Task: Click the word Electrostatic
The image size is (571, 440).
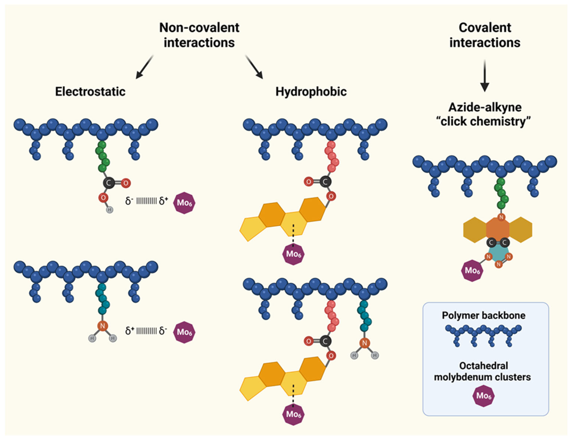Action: pos(90,92)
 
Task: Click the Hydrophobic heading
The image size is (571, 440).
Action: pos(311,92)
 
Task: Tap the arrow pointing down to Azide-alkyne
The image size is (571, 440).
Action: pos(484,76)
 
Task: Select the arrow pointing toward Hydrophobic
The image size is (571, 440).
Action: pos(254,67)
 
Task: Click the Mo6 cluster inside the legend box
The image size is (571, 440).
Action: pos(483,396)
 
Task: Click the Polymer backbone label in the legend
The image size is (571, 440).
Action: pos(483,315)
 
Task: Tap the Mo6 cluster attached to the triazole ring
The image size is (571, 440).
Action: pos(472,270)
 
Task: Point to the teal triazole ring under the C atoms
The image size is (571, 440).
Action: pos(498,254)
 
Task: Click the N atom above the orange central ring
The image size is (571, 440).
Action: pos(501,217)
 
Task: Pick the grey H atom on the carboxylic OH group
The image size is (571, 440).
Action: pos(110,210)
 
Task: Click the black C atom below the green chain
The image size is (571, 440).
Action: pos(109,183)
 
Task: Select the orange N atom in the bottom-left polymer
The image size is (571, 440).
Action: pos(102,326)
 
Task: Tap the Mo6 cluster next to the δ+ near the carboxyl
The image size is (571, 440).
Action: pos(184,203)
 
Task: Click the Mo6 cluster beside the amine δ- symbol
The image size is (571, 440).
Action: pos(184,332)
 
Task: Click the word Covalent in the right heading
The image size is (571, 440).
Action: pos(485,28)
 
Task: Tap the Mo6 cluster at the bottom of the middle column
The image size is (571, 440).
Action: pos(293,414)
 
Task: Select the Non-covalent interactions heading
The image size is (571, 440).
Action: pos(199,35)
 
